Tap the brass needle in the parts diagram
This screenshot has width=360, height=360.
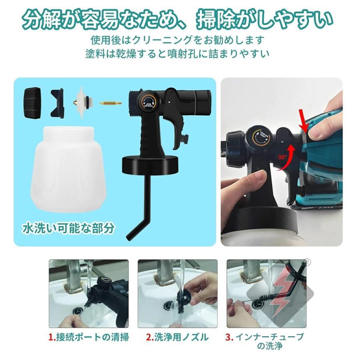110,103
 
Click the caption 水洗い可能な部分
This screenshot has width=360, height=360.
68,228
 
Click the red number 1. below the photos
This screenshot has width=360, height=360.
51,337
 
